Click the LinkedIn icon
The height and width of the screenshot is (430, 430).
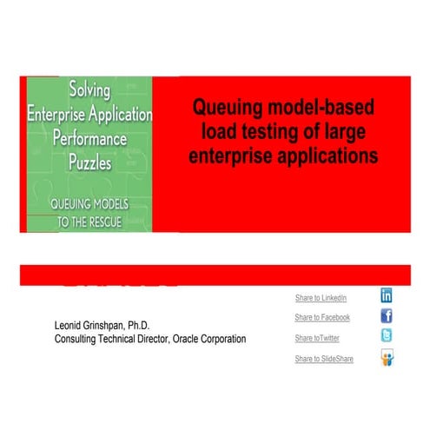[x=387, y=295]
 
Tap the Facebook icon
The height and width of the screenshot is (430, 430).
[x=387, y=316]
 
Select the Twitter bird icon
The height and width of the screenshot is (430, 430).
[x=387, y=336]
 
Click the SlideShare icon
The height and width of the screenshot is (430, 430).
[x=387, y=357]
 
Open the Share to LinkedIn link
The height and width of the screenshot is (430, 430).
[x=321, y=298]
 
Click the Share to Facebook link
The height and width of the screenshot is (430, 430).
[x=322, y=318]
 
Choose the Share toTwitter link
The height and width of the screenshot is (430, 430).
[x=317, y=338]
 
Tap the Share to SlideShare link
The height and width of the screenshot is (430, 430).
[x=324, y=359]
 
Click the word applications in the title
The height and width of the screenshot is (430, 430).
[x=329, y=156]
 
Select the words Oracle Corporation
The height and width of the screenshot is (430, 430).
[x=205, y=339]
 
